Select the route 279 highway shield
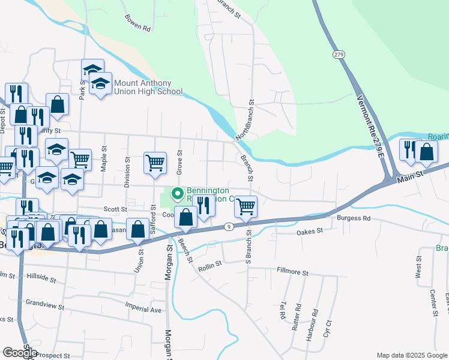click(340, 55)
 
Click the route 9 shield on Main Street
click(229, 226)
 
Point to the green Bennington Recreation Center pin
click(178, 193)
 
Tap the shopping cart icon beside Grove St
click(155, 162)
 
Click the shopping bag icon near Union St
click(138, 229)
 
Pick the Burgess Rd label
click(354, 218)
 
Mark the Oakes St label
click(310, 230)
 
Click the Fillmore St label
click(292, 272)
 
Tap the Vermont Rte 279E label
click(370, 125)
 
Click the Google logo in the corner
click(20, 353)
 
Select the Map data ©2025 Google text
click(411, 355)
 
